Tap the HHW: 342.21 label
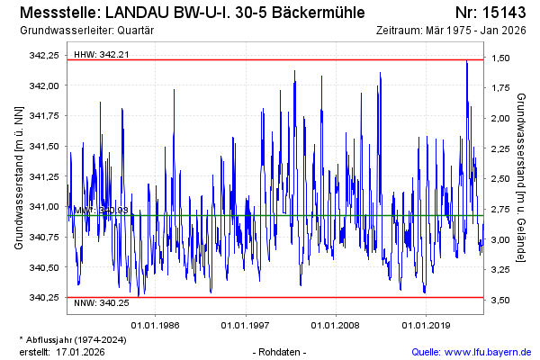point(101,54)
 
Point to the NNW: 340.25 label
point(101,303)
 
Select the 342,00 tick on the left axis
point(43,85)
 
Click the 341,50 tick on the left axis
point(43,146)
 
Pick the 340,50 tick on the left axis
point(43,267)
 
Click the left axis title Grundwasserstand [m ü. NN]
point(18,178)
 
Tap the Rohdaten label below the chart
point(282,351)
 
